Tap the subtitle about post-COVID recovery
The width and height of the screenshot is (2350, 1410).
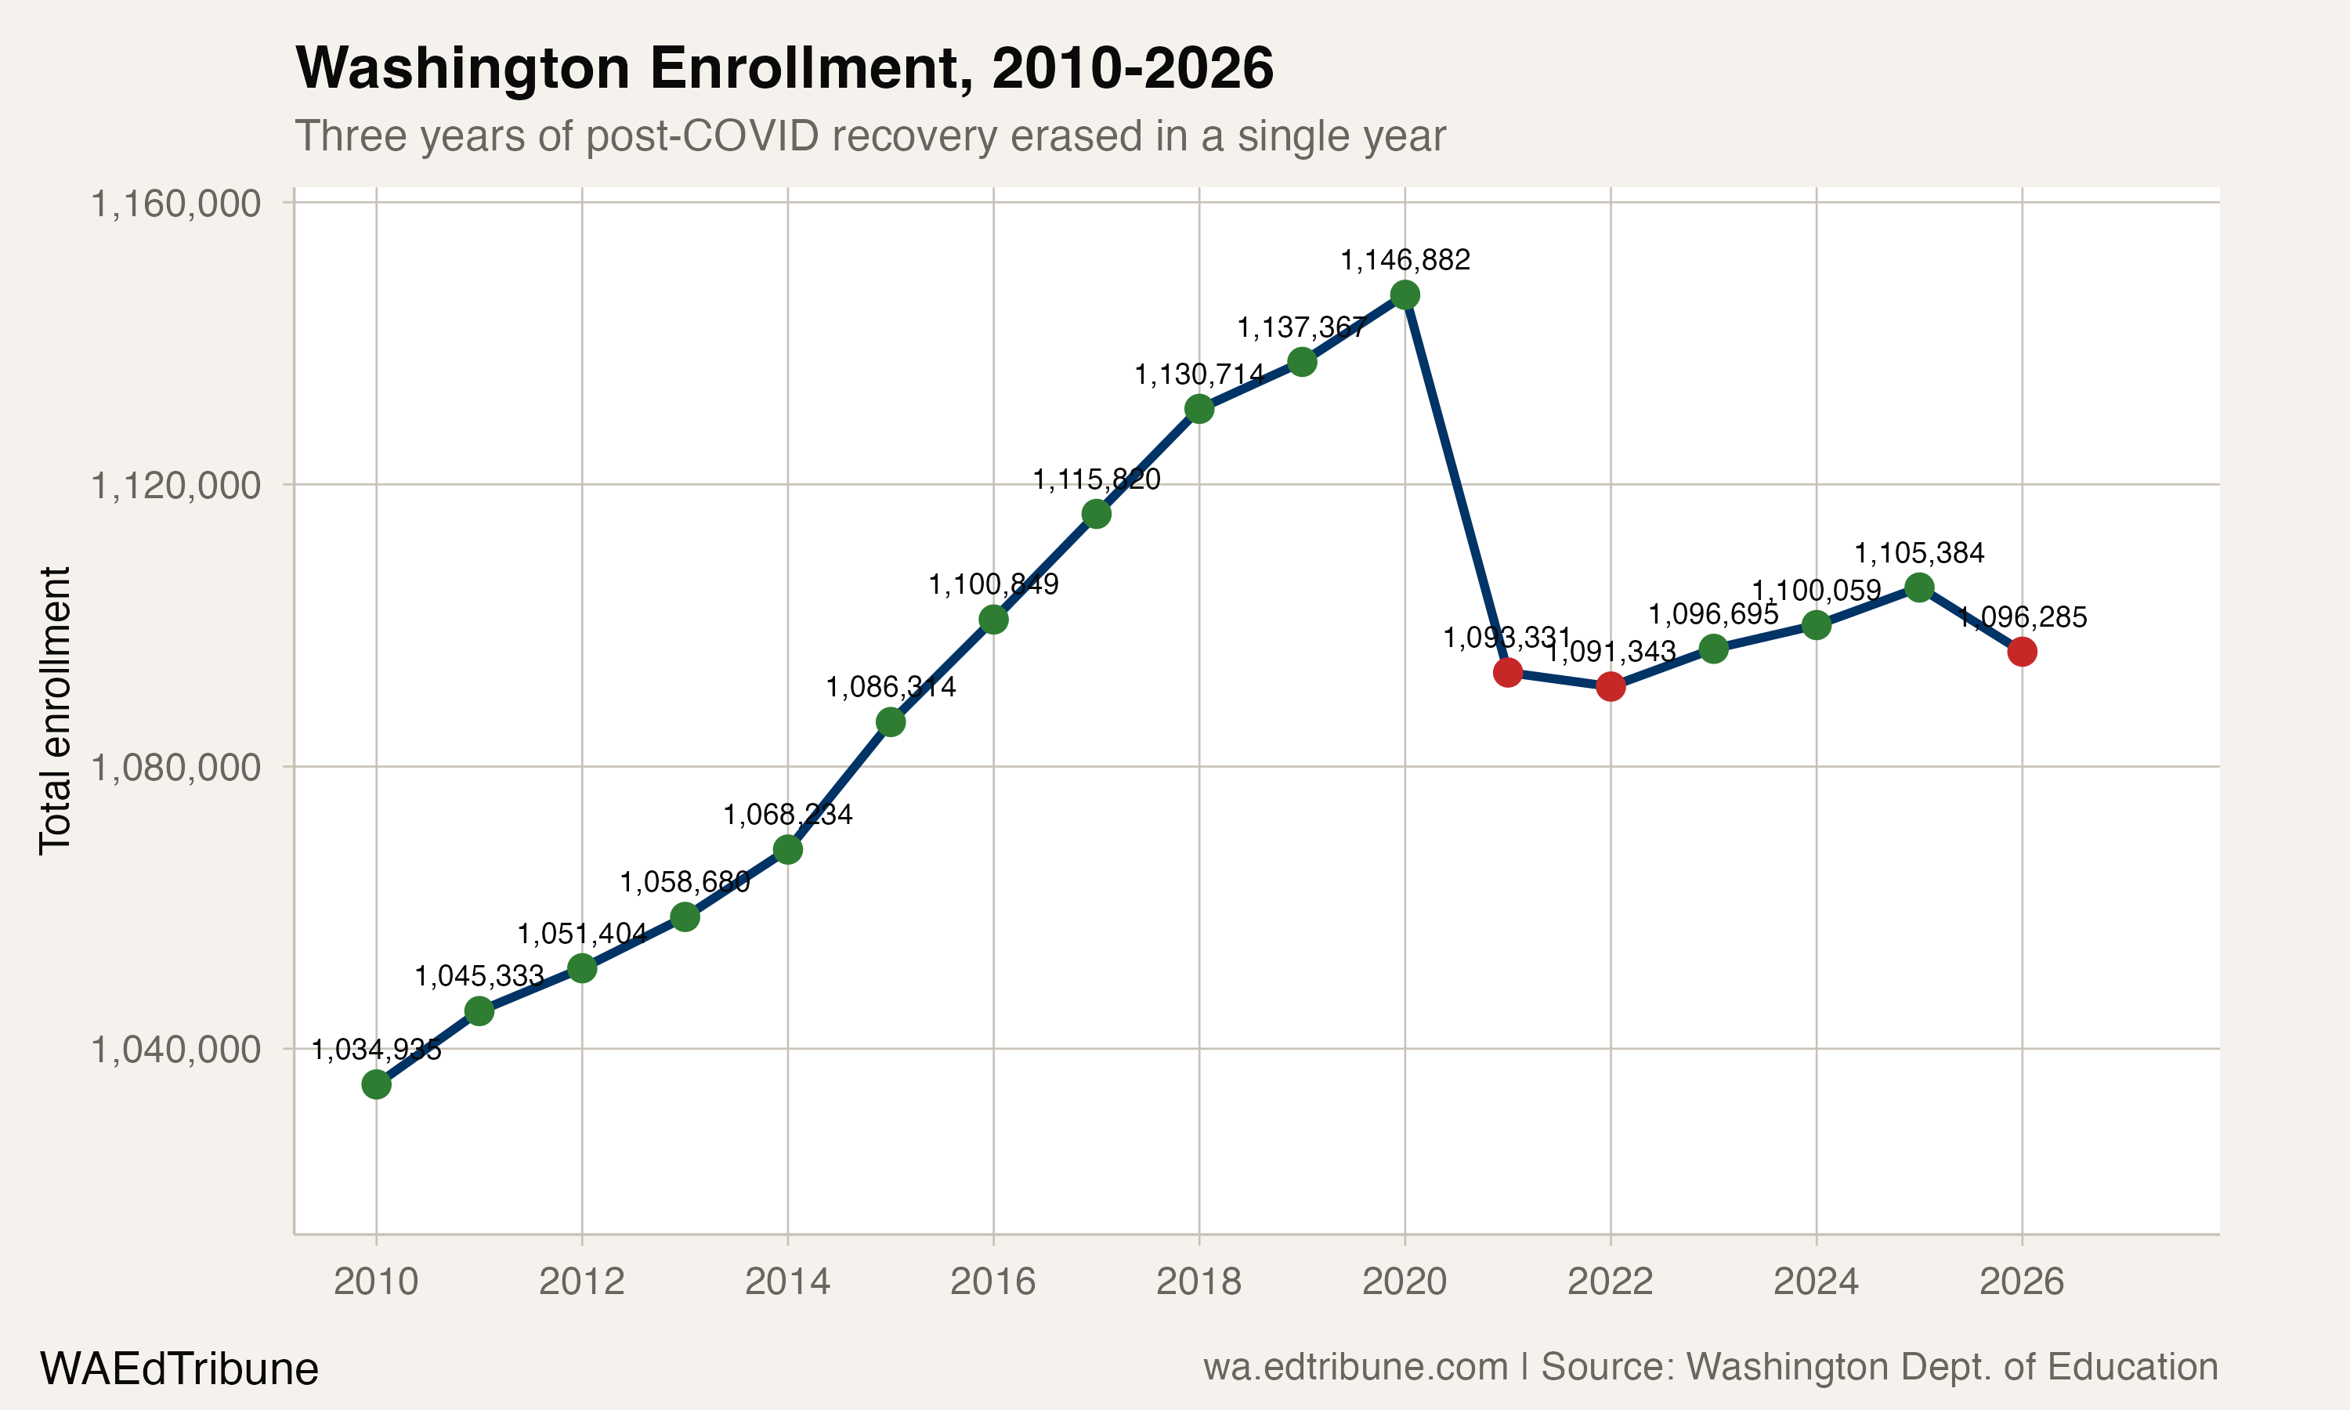(x=869, y=136)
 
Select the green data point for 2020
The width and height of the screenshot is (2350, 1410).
(x=1405, y=295)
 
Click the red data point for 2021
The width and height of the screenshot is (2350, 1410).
(x=1507, y=673)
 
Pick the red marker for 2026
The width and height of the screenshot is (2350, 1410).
(x=2021, y=652)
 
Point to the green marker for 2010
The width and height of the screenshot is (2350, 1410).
(x=376, y=1084)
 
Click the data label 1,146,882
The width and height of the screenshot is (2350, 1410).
(x=1405, y=260)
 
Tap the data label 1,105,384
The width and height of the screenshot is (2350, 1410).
(x=1918, y=553)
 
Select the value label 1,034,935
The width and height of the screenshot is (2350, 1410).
(x=376, y=1050)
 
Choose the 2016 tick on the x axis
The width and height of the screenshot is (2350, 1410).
(x=992, y=1282)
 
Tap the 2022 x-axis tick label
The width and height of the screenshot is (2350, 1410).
(x=1610, y=1282)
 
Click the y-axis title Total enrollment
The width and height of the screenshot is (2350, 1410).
(x=55, y=710)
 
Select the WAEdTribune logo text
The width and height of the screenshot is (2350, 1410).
(x=179, y=1369)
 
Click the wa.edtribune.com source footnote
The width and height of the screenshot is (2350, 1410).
(x=1710, y=1367)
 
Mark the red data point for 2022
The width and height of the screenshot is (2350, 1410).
(x=1610, y=686)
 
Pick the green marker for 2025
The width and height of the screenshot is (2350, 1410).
(x=1918, y=588)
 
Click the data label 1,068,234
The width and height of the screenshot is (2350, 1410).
(x=787, y=814)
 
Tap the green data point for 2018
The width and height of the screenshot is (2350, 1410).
(x=1198, y=410)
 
